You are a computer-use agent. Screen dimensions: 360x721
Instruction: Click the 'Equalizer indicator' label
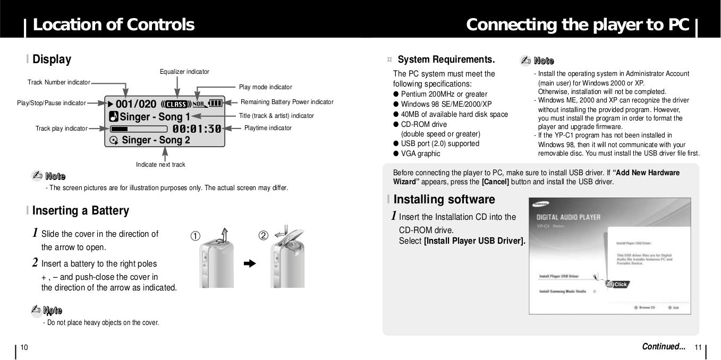click(x=184, y=72)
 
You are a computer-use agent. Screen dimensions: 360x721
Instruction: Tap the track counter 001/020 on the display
click(x=136, y=104)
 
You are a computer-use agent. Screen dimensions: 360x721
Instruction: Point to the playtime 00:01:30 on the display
click(x=197, y=128)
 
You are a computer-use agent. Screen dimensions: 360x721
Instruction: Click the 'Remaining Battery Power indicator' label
click(x=287, y=102)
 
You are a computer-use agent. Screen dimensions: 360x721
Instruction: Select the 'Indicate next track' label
click(x=160, y=165)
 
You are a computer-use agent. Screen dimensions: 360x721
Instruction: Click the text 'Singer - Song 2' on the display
click(x=156, y=140)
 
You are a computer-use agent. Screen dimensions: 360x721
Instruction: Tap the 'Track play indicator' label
click(x=61, y=128)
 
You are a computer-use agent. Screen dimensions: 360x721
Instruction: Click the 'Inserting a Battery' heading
click(x=80, y=211)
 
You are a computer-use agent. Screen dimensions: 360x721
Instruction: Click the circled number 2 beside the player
click(x=263, y=235)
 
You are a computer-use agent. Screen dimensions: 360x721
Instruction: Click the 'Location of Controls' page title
click(x=113, y=24)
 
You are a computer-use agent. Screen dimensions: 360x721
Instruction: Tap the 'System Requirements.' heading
click(x=446, y=59)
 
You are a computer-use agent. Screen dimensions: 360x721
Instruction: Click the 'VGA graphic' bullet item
click(x=420, y=153)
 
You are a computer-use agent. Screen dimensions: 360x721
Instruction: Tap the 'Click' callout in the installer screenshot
click(x=620, y=285)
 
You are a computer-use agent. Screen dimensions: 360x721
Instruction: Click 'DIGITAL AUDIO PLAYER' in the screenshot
click(x=568, y=217)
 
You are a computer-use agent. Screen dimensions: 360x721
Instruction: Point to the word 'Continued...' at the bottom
click(x=663, y=347)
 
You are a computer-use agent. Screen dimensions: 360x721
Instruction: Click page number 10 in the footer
click(x=24, y=347)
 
